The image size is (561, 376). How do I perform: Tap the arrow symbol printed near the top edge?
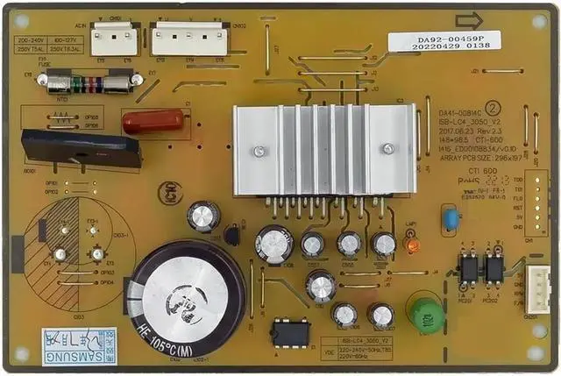(x=469, y=20)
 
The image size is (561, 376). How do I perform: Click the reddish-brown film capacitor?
(x=153, y=121)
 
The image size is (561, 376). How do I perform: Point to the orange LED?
(x=412, y=246)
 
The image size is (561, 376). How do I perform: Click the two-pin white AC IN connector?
(x=110, y=39)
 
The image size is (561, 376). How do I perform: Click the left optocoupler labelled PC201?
(x=468, y=268)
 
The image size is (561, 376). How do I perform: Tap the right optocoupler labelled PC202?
(x=494, y=268)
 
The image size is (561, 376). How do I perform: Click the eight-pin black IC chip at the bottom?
(x=290, y=334)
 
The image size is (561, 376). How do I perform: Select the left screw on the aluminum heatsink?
(x=259, y=152)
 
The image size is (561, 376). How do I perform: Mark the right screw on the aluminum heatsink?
(x=387, y=149)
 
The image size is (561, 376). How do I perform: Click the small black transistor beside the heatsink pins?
(x=231, y=234)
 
